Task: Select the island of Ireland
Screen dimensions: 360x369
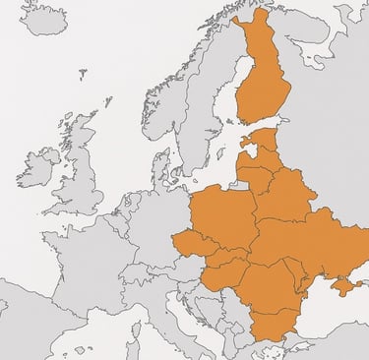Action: click(x=37, y=167)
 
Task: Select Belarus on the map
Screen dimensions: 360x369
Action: click(x=285, y=197)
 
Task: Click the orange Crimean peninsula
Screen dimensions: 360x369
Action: click(x=344, y=285)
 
